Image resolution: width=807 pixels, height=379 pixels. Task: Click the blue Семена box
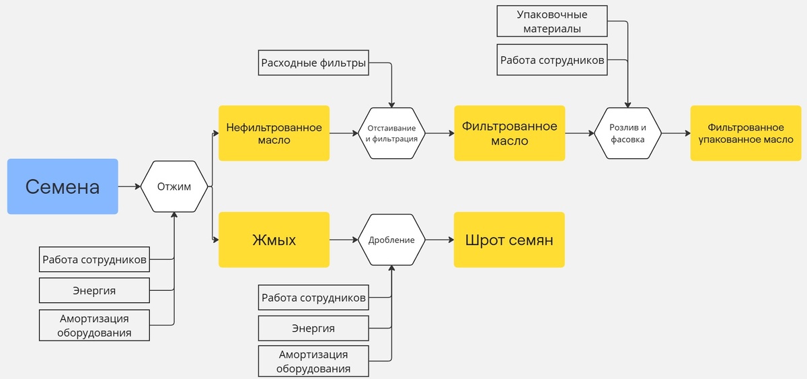coord(63,186)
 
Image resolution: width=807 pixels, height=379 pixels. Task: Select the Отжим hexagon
coord(174,186)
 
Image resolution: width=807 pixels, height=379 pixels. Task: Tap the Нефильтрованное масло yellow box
coord(274,133)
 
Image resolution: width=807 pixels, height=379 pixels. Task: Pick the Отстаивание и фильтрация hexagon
coord(391,133)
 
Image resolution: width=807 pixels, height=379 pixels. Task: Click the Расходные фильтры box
coord(313,63)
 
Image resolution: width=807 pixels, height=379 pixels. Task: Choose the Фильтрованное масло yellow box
coord(509,133)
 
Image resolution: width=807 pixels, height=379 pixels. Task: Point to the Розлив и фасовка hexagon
coord(627,133)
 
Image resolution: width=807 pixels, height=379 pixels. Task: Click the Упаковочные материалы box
coord(552,22)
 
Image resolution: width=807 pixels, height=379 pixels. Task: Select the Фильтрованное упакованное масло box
coord(746,133)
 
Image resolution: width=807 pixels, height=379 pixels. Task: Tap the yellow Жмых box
coord(274,240)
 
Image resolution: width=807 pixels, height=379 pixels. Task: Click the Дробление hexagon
coord(391,240)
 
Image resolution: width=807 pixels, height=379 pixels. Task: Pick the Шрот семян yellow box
coord(509,240)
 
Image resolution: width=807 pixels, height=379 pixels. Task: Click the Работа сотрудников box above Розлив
coord(552,60)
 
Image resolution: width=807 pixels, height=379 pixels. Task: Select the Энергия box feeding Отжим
coord(94,291)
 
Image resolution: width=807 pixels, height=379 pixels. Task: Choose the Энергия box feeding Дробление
coord(313,329)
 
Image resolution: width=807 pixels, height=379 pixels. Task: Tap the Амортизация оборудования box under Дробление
coord(313,361)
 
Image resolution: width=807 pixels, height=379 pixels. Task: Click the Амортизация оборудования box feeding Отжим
coord(94,324)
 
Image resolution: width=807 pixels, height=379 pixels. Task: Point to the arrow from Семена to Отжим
coord(129,186)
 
